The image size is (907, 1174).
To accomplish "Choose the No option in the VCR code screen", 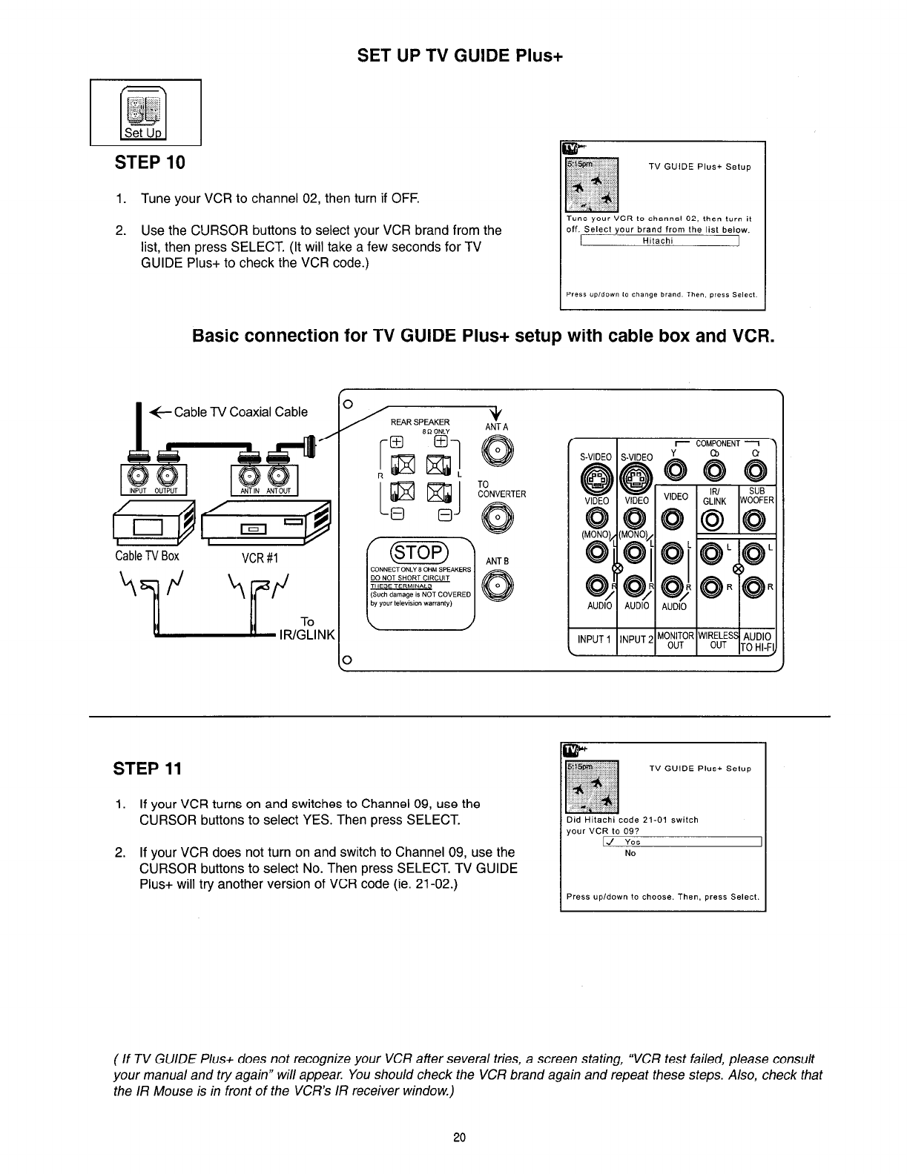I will [x=630, y=853].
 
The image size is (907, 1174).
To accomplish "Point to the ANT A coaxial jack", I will [x=492, y=451].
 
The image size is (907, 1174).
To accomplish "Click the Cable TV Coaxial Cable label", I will [x=240, y=412].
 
